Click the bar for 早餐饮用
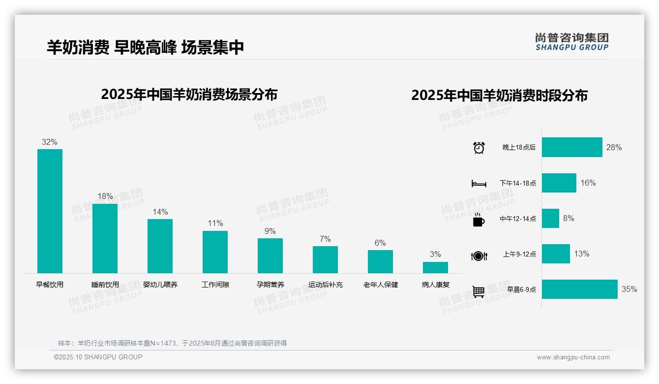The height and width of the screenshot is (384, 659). pos(50,211)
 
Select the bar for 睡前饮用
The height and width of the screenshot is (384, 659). pos(105,238)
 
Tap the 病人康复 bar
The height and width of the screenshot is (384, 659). pos(435,267)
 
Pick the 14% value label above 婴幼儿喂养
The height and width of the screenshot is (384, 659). pos(160,212)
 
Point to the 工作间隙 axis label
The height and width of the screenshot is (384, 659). pos(215,285)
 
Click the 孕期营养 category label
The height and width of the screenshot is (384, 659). pos(270,285)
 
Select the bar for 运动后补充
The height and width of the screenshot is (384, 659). pos(325,259)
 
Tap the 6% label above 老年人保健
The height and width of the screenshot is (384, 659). pos(380,243)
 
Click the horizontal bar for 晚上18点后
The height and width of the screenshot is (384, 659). pos(572,147)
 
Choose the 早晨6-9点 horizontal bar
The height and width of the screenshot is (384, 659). pos(579,289)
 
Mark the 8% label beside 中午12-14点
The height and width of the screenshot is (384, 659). pos(569,219)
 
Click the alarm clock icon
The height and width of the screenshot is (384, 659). pos(479,148)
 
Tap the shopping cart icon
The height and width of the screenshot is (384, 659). pos(479,292)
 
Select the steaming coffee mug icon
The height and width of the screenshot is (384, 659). pos(479,220)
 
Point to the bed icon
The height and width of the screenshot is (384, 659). pos(479,184)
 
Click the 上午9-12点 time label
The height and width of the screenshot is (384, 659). pos(519,255)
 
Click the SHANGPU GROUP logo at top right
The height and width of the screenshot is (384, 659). pos(572,42)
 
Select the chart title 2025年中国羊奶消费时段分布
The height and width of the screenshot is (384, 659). pos(499,96)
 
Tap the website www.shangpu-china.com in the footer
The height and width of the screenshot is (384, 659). pos(573,357)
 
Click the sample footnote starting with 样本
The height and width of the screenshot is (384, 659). pos(172,343)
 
